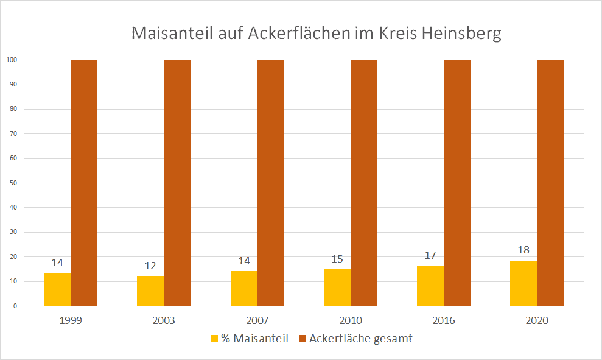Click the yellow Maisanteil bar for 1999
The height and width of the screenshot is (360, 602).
tap(57, 289)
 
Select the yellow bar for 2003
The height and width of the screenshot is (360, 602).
tap(150, 291)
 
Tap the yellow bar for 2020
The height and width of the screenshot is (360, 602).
tap(523, 284)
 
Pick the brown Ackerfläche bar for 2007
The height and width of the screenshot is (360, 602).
tap(270, 183)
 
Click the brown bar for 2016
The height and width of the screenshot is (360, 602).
tap(457, 183)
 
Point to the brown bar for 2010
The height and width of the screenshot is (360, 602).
tap(363, 183)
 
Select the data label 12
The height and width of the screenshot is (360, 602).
tap(150, 266)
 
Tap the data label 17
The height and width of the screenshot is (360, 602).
tap(430, 255)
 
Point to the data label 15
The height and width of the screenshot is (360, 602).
tap(337, 259)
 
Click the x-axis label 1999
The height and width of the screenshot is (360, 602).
tap(71, 320)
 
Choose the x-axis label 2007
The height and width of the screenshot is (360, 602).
tap(257, 320)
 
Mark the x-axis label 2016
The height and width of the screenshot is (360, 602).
tap(444, 320)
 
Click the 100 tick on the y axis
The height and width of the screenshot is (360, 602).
tap(11, 60)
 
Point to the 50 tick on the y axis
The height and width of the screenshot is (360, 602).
tap(13, 183)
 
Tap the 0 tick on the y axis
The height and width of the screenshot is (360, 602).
tap(15, 306)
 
